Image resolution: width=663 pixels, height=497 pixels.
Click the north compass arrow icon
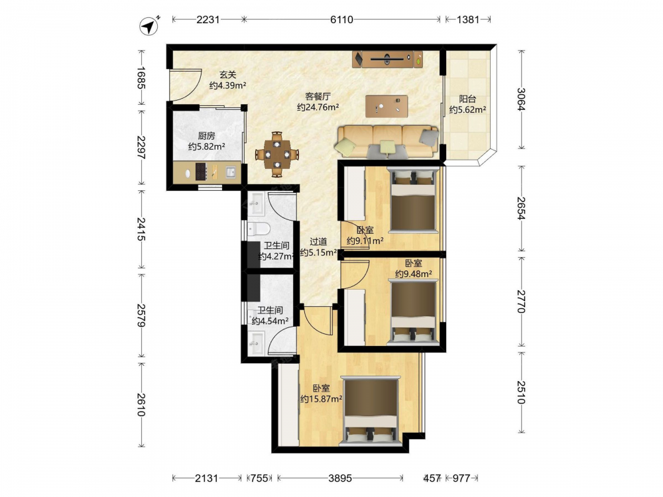pyautogui.click(x=149, y=27)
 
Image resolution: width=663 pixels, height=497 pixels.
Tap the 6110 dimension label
pyautogui.click(x=341, y=19)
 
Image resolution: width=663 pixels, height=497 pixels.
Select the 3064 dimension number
pyautogui.click(x=521, y=99)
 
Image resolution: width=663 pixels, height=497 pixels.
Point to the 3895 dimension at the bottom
pyautogui.click(x=340, y=478)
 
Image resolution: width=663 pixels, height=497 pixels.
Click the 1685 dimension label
pyautogui.click(x=141, y=78)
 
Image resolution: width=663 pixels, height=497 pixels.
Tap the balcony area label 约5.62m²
pyautogui.click(x=467, y=110)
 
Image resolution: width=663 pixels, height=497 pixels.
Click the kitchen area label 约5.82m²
pyautogui.click(x=206, y=146)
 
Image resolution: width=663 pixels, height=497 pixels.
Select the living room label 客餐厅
pyautogui.click(x=318, y=96)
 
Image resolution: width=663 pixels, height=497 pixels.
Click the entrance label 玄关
pyautogui.click(x=227, y=75)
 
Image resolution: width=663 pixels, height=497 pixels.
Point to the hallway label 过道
pyautogui.click(x=318, y=242)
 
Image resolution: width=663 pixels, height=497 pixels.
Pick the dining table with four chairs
pyautogui.click(x=277, y=154)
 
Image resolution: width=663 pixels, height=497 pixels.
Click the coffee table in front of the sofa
pyautogui.click(x=387, y=106)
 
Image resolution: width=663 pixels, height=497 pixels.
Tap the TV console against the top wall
pyautogui.click(x=387, y=59)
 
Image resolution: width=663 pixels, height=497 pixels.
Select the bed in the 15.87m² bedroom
pyautogui.click(x=371, y=411)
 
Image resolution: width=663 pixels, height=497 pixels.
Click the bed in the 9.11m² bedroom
pyautogui.click(x=412, y=200)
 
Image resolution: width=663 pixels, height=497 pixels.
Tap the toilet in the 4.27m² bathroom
pyautogui.click(x=259, y=229)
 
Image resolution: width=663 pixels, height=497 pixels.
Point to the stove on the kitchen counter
pyautogui.click(x=200, y=172)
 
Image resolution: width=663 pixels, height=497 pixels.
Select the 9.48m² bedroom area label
pyautogui.click(x=414, y=274)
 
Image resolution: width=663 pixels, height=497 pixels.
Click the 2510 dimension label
pyautogui.click(x=521, y=392)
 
